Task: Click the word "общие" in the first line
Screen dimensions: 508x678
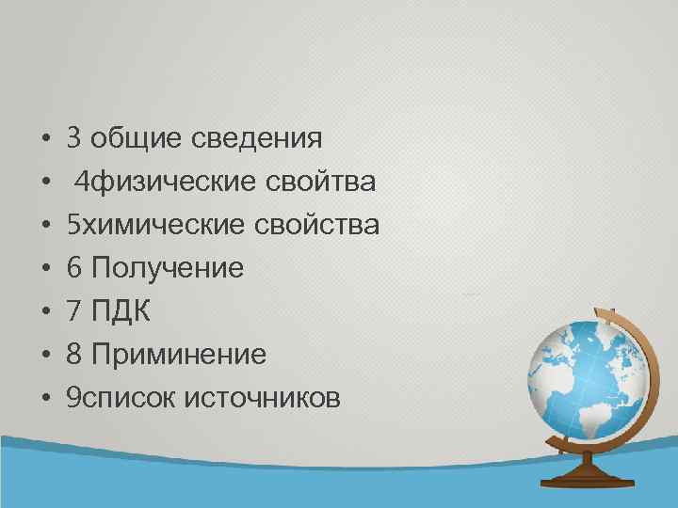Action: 138,139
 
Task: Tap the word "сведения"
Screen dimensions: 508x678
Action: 257,139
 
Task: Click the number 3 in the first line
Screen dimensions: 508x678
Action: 74,139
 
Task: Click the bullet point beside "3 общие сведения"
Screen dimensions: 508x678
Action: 45,140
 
